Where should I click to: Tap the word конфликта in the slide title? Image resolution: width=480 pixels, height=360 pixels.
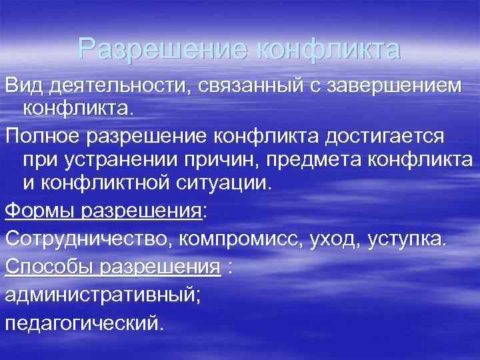[327, 49]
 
